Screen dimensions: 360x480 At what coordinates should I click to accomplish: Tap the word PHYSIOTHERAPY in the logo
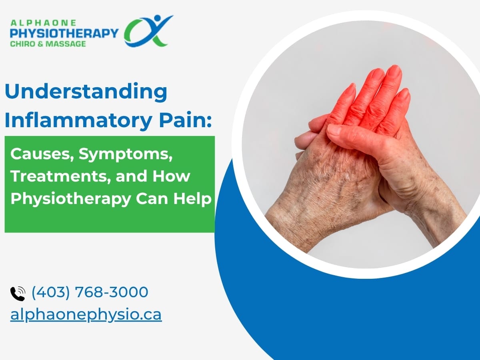click(64, 33)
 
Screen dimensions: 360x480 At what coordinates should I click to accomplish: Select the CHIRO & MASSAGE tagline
click(48, 43)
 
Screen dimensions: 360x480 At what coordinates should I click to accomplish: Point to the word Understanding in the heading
click(86, 92)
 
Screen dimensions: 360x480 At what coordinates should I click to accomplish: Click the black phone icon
click(17, 293)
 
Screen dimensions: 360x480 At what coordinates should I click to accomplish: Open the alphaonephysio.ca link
click(86, 314)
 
